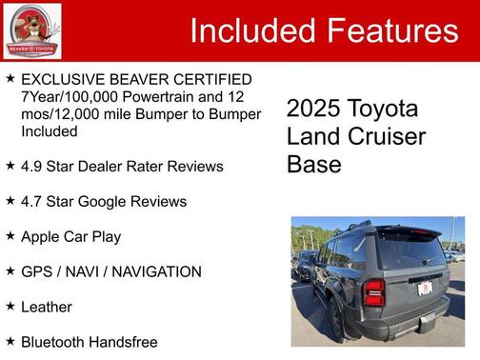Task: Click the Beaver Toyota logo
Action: click(32, 30)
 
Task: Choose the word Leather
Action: click(47, 307)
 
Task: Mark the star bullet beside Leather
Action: click(10, 306)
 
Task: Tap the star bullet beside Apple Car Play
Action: click(10, 235)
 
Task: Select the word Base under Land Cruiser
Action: click(313, 164)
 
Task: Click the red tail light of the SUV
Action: click(373, 292)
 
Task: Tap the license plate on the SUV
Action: click(425, 288)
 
